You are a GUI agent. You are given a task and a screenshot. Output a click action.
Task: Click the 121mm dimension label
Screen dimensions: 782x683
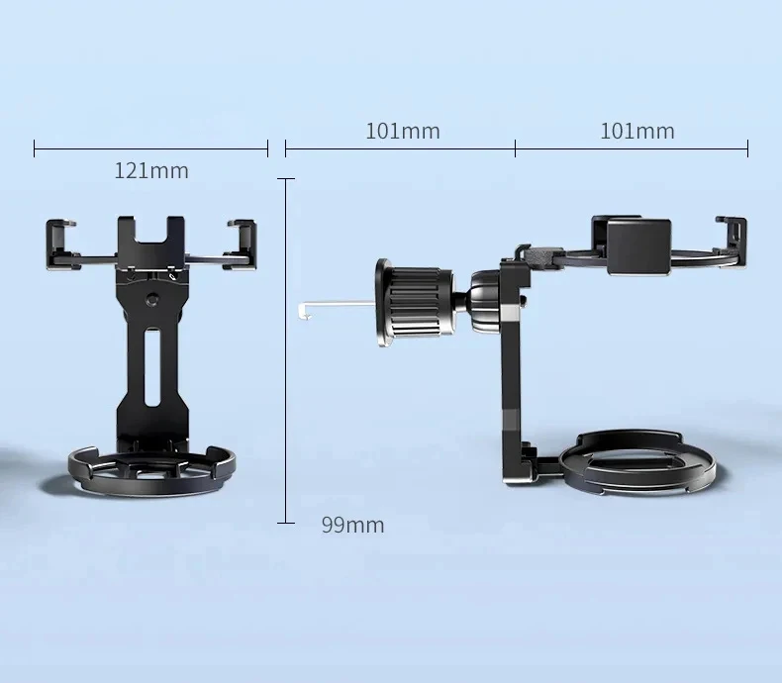[151, 171]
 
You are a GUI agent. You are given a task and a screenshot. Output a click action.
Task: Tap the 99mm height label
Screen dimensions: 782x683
[353, 526]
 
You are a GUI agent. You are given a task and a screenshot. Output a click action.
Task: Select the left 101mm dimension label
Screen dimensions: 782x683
[403, 132]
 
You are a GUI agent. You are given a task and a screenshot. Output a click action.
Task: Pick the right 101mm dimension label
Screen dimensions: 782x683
[637, 132]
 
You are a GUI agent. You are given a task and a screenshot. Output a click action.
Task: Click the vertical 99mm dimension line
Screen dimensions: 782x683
[286, 350]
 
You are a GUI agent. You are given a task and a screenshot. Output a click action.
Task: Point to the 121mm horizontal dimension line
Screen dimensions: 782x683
[151, 148]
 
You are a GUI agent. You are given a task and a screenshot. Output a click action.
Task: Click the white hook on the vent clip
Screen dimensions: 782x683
[337, 308]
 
